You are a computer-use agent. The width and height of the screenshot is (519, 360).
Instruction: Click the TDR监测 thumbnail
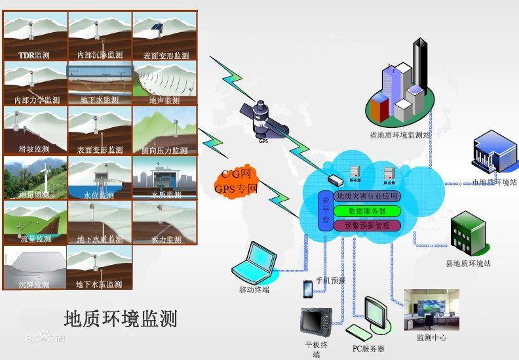(35, 36)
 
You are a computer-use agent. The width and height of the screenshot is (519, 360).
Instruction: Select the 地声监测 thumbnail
(164, 83)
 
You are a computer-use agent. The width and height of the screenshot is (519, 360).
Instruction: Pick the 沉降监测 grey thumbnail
(34, 268)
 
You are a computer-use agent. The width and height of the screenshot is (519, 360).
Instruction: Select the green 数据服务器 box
(366, 211)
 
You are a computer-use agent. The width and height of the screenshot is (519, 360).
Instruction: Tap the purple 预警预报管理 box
(366, 226)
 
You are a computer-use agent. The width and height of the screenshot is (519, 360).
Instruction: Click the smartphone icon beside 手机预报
(307, 289)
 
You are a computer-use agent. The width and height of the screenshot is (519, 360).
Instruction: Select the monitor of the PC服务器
(376, 315)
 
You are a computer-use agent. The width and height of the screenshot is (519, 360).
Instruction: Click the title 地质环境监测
(121, 319)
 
